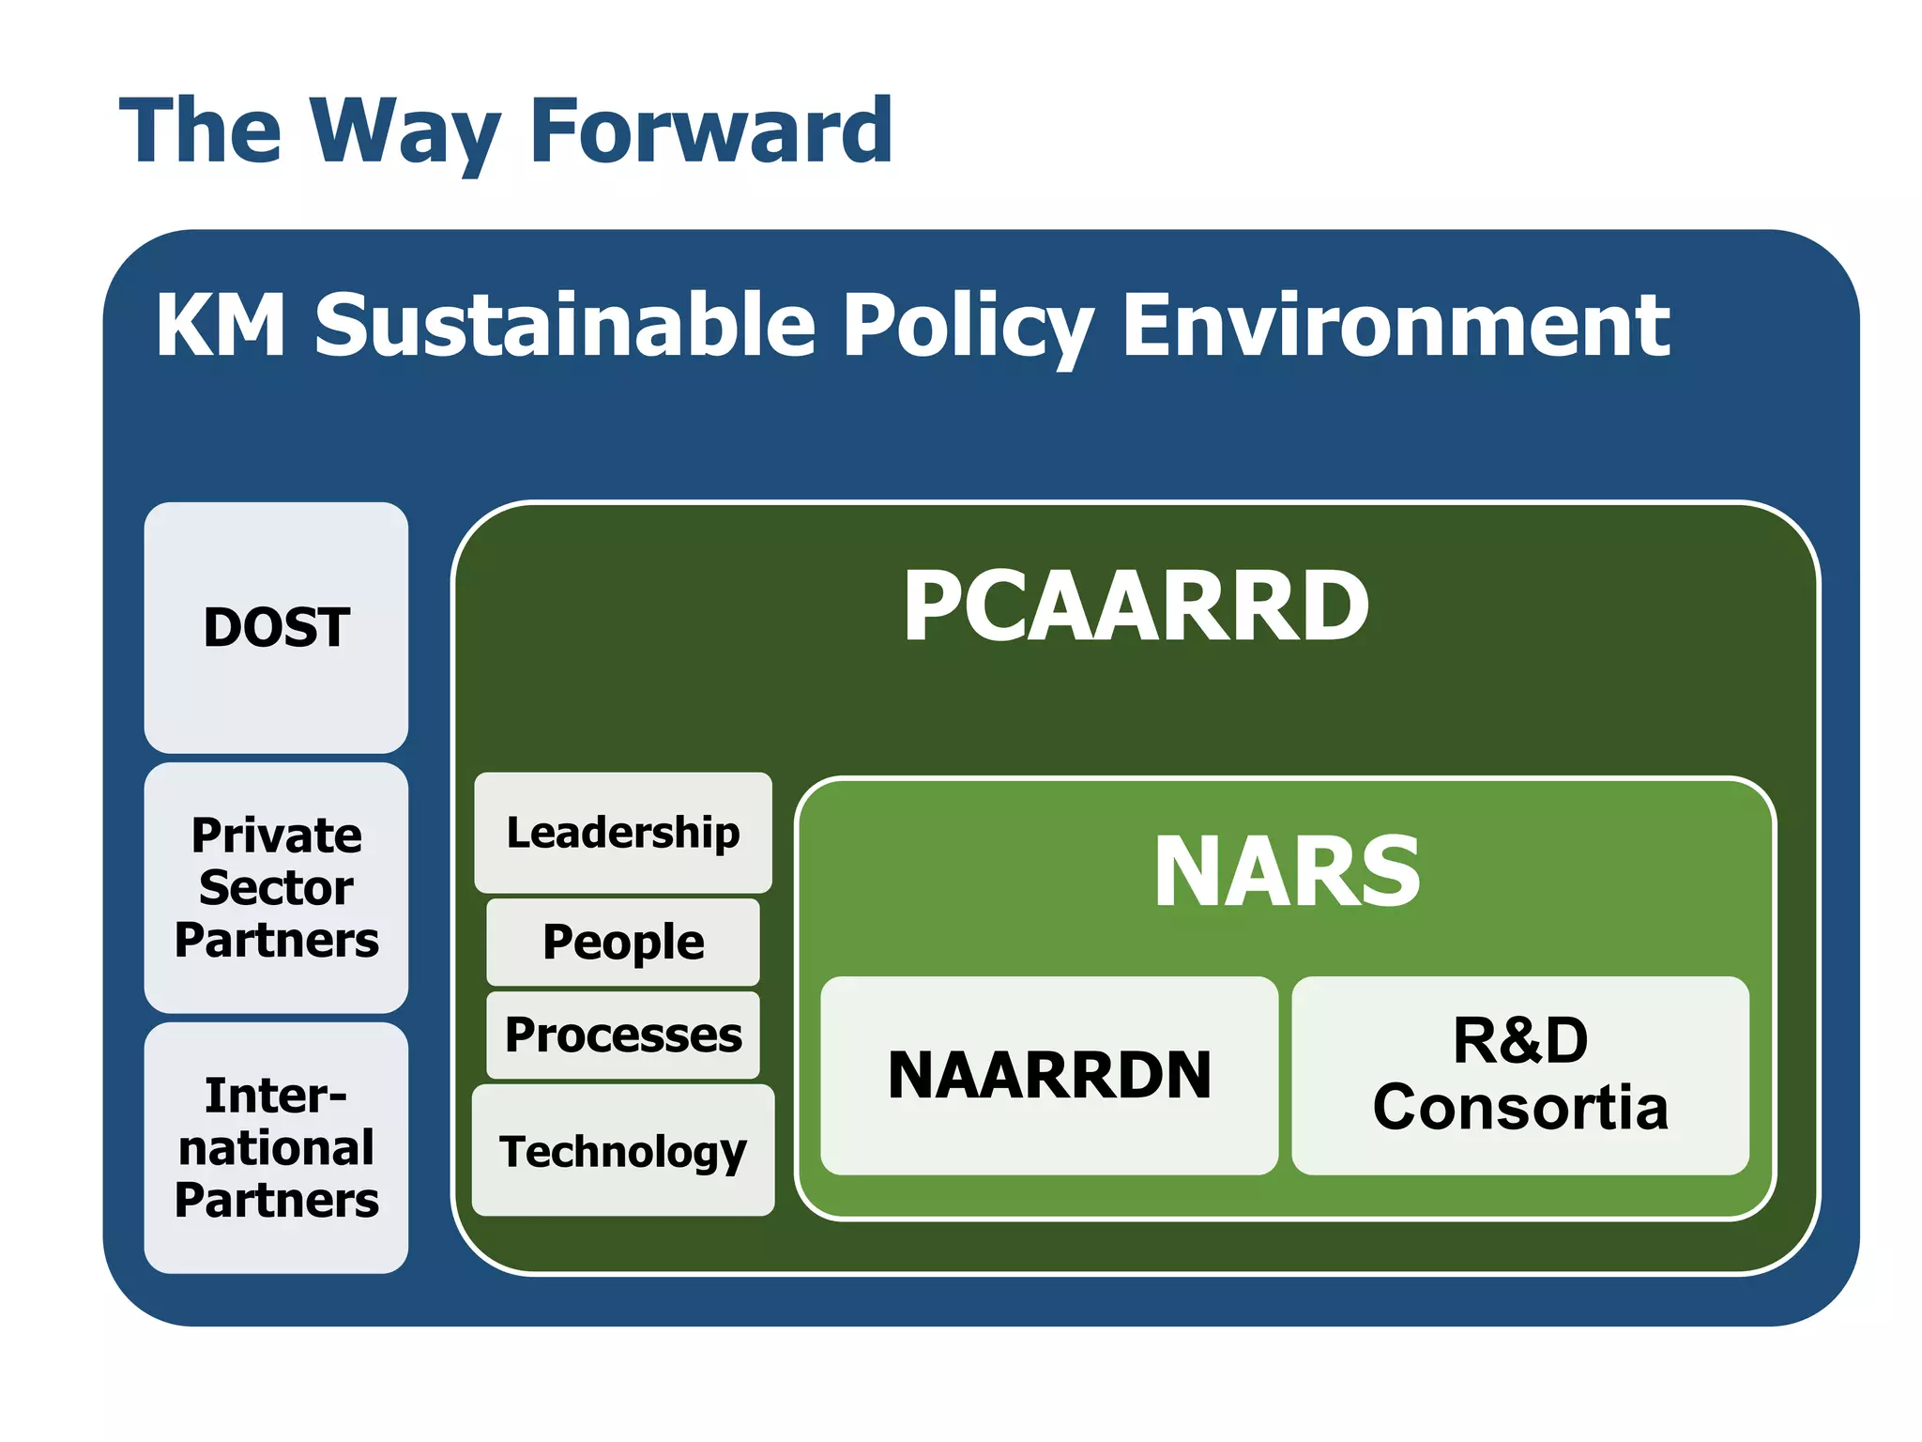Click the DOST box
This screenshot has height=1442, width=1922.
pyautogui.click(x=276, y=627)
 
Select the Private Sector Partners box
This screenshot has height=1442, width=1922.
pyautogui.click(x=276, y=887)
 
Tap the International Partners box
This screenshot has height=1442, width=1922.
pyautogui.click(x=276, y=1147)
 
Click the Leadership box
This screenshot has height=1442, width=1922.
pyautogui.click(x=623, y=833)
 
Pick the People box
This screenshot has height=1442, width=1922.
pyautogui.click(x=623, y=942)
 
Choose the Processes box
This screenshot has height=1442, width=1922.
pyautogui.click(x=623, y=1035)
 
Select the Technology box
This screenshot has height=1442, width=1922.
pyautogui.click(x=623, y=1151)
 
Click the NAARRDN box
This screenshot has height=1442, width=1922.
pyautogui.click(x=1049, y=1075)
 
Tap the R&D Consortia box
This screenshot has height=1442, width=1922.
pyautogui.click(x=1520, y=1075)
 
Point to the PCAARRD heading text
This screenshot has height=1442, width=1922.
pyautogui.click(x=1136, y=606)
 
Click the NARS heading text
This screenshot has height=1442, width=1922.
pyautogui.click(x=1287, y=872)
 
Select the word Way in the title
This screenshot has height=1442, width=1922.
pyautogui.click(x=405, y=131)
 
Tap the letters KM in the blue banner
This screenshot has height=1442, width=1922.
pyautogui.click(x=221, y=325)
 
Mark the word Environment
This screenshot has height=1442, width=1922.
pyautogui.click(x=1396, y=325)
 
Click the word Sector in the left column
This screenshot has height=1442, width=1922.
pyautogui.click(x=276, y=887)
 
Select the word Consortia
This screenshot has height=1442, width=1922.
pyautogui.click(x=1520, y=1108)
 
